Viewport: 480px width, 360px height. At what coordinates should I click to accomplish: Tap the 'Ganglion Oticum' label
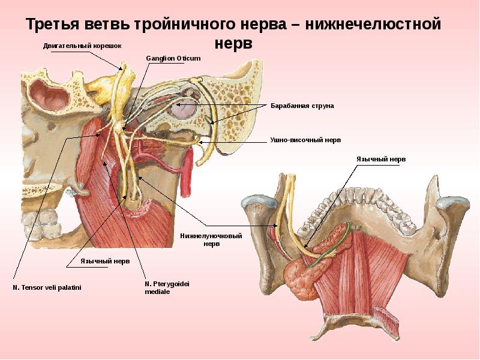click(173, 58)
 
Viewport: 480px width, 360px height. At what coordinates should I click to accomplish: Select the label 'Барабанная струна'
click(302, 106)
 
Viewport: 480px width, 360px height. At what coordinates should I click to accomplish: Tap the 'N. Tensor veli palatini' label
click(47, 288)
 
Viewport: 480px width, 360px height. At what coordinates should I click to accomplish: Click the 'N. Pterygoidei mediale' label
click(167, 287)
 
